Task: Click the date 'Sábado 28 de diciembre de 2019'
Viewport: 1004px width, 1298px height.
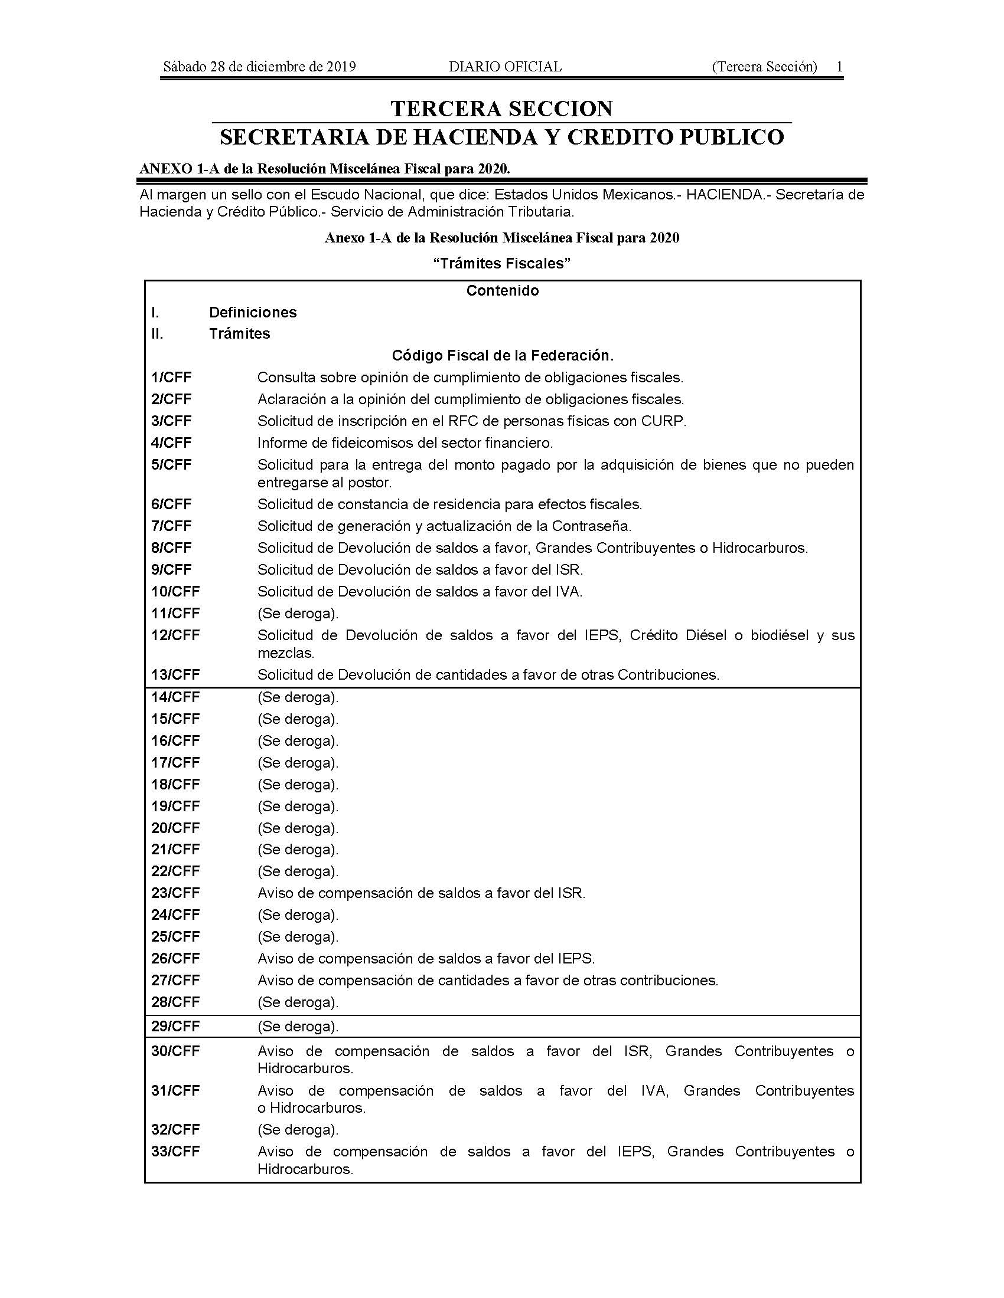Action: click(259, 67)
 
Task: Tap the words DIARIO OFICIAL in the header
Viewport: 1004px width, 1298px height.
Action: click(505, 67)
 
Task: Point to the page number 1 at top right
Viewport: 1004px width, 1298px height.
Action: click(839, 67)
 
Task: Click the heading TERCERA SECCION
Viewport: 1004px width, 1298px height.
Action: click(501, 109)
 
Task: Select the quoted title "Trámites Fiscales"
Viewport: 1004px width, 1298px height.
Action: click(501, 263)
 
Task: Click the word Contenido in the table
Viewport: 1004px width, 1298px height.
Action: click(503, 291)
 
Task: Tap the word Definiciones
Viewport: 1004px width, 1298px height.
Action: click(253, 312)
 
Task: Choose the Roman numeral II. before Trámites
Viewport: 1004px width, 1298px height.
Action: click(157, 333)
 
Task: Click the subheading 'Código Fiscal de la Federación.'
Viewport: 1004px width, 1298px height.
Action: click(503, 355)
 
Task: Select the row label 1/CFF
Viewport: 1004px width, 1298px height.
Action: click(171, 378)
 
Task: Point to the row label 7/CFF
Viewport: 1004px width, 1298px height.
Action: click(171, 526)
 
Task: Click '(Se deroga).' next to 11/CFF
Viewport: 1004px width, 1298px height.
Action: click(298, 614)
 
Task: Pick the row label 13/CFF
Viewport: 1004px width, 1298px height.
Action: click(175, 674)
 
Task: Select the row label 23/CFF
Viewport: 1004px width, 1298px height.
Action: click(175, 893)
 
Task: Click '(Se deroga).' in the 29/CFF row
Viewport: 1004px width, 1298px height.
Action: click(298, 1027)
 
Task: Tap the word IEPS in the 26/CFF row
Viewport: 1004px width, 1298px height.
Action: click(575, 959)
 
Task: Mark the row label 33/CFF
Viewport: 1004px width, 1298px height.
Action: click(175, 1151)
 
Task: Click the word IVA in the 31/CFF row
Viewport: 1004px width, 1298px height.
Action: click(654, 1090)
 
